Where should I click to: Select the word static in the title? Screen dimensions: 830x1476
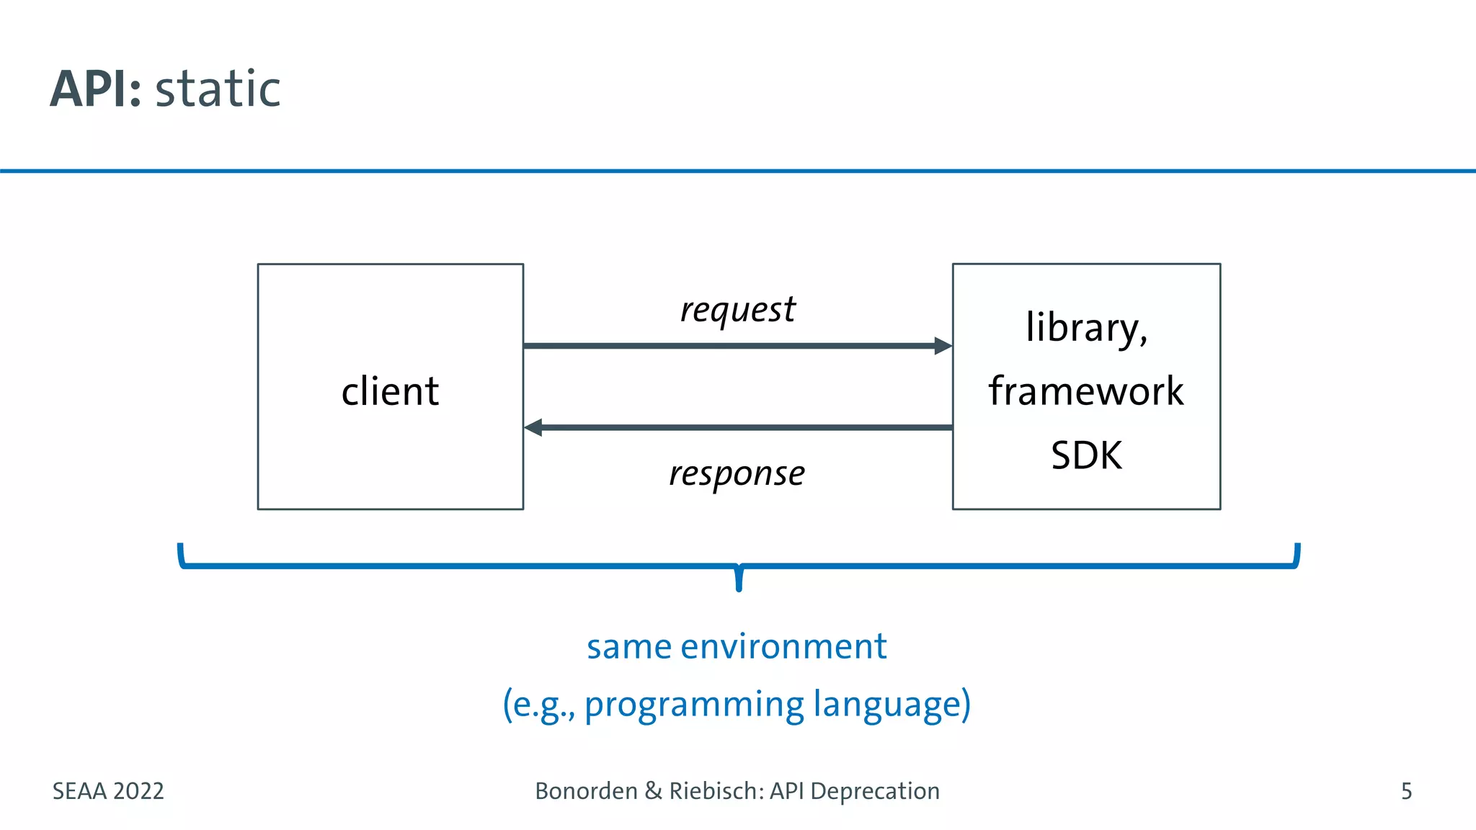pyautogui.click(x=218, y=89)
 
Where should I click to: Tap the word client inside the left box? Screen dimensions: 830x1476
pyautogui.click(x=390, y=392)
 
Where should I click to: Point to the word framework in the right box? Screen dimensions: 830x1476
pyautogui.click(x=1085, y=392)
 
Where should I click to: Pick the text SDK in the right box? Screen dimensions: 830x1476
pyautogui.click(x=1086, y=455)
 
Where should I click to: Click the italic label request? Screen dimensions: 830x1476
pyautogui.click(x=737, y=311)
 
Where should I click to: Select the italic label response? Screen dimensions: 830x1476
pyautogui.click(x=737, y=474)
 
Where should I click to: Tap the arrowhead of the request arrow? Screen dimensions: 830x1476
pyautogui.click(x=943, y=346)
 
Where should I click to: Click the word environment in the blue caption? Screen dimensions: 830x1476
pyautogui.click(x=783, y=646)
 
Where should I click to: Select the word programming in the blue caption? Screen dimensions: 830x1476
pyautogui.click(x=693, y=705)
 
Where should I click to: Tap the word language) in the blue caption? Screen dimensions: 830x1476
pyautogui.click(x=892, y=705)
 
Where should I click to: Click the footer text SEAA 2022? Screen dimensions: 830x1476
pyautogui.click(x=108, y=791)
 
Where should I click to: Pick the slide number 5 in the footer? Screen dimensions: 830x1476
pyautogui.click(x=1406, y=791)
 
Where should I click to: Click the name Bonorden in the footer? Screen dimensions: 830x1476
pyautogui.click(x=586, y=791)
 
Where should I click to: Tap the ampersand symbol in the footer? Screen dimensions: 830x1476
pyautogui.click(x=653, y=791)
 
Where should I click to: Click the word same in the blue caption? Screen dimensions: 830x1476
pyautogui.click(x=629, y=646)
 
